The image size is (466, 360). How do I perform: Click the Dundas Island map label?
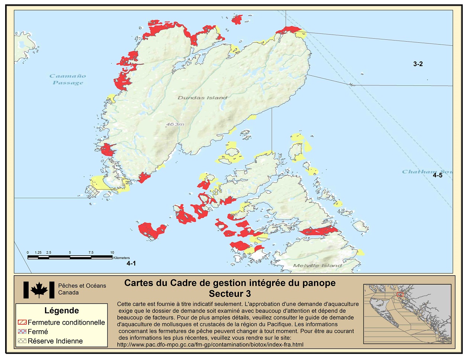coord(202,98)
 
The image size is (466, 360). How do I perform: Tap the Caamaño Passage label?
coord(68,79)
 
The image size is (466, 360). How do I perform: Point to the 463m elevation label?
coord(175,124)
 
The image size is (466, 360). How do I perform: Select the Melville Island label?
coord(317,265)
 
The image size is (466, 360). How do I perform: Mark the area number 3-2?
coord(418,64)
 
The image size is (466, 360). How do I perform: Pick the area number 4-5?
coord(437,175)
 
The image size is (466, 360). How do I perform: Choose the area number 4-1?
coord(131,263)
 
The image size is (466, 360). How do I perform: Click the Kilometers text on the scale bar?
coord(122,258)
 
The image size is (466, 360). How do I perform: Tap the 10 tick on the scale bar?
coord(112,253)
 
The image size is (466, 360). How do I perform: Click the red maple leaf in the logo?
coord(39,289)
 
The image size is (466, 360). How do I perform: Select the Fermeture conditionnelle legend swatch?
coord(22,322)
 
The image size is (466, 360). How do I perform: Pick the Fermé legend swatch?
coord(22,331)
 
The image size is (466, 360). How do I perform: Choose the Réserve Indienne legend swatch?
coord(22,341)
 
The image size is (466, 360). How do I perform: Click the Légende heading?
coord(62,311)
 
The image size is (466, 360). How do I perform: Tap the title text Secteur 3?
coord(230,294)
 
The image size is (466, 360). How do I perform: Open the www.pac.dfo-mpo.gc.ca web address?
coord(210,344)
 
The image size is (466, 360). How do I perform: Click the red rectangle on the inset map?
coord(400,295)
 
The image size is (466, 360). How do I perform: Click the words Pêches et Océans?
coord(82,286)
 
